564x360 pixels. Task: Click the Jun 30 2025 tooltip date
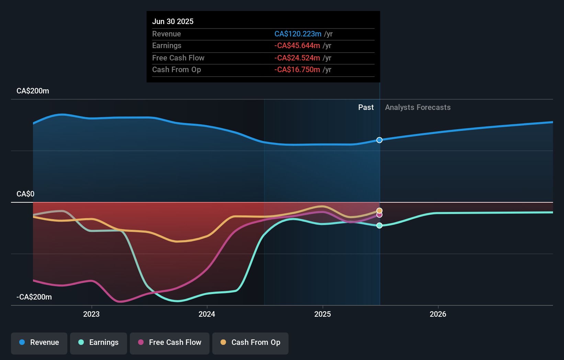click(x=173, y=21)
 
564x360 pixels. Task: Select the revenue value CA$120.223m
click(x=298, y=34)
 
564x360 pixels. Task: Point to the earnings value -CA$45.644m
click(x=297, y=46)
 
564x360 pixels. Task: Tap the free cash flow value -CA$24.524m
click(x=297, y=58)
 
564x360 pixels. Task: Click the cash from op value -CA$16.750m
click(x=297, y=70)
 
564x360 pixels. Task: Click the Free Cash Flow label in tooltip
click(x=178, y=58)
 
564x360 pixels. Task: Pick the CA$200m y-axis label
click(x=33, y=91)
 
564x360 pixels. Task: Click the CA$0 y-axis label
click(x=25, y=194)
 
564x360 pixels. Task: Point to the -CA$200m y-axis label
click(x=34, y=297)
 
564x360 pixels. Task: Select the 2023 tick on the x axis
click(x=91, y=314)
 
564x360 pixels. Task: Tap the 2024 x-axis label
click(x=207, y=314)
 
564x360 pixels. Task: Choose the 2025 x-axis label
click(x=323, y=314)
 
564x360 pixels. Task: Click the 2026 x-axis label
click(x=438, y=314)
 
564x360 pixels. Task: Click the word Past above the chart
click(x=366, y=108)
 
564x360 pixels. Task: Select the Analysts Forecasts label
click(x=418, y=108)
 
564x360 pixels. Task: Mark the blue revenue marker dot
click(x=379, y=140)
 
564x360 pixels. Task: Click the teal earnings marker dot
click(x=379, y=225)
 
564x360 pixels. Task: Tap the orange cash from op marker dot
click(x=379, y=211)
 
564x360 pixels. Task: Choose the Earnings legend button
click(x=99, y=342)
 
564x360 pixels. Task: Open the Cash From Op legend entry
click(x=250, y=342)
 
